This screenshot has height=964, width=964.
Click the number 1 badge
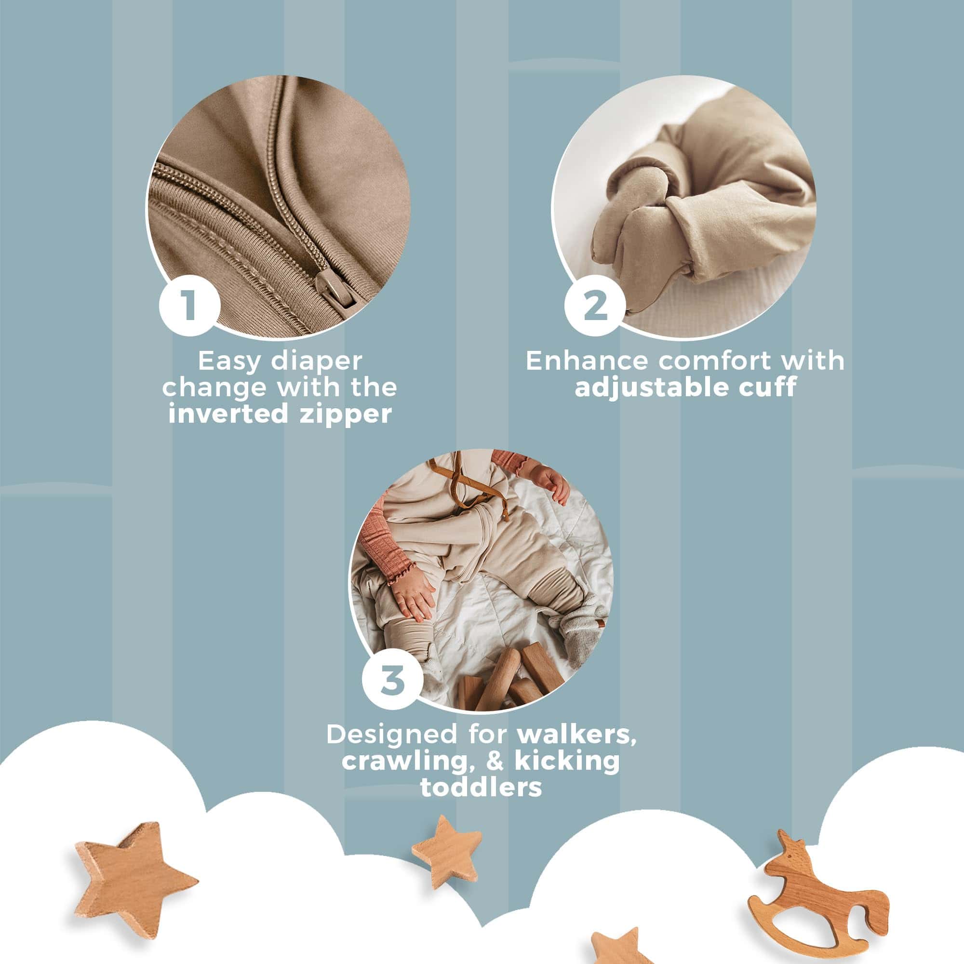[x=189, y=306]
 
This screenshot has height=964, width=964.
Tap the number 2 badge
[x=595, y=306]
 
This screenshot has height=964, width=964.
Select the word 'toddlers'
[x=481, y=787]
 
